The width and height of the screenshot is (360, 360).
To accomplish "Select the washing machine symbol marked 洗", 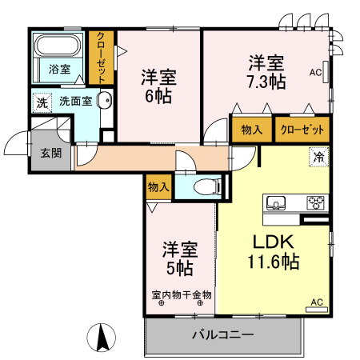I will point(42,102).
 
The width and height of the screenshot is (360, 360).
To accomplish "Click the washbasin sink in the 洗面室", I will point(105,102).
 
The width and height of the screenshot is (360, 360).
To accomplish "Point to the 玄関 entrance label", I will point(50,154).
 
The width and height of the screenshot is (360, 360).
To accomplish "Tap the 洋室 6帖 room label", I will point(158,86).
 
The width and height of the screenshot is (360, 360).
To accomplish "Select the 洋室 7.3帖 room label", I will point(266,70).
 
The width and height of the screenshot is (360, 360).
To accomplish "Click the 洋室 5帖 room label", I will point(178,256).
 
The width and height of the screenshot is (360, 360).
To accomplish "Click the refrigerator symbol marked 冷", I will point(318,157).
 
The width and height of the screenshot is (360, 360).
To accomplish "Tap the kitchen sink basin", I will point(277,202).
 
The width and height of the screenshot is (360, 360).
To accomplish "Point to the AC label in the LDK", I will point(316,302).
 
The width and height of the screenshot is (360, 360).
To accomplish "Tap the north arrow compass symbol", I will point(102,336).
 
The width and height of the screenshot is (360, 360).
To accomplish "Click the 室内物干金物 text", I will point(182,294).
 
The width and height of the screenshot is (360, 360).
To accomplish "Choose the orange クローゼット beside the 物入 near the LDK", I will point(302,129).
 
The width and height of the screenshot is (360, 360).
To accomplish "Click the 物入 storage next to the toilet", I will point(158,187).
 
